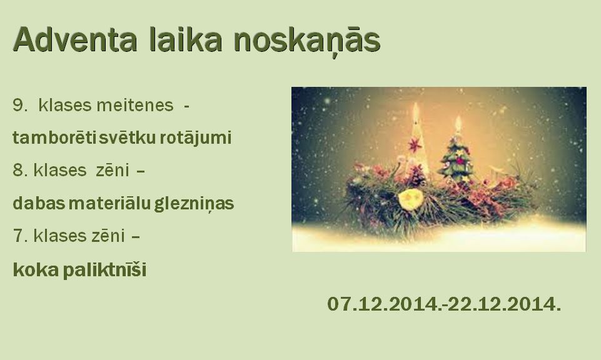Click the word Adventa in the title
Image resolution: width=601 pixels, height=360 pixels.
coord(75,39)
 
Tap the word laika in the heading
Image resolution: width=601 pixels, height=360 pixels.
coord(185,39)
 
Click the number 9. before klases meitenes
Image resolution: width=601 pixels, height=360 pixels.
coord(20,106)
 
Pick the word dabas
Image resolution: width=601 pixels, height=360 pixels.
coord(39,203)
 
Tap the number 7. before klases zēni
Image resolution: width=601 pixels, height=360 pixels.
coord(20,236)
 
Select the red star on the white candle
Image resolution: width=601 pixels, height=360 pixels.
coord(415,145)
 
